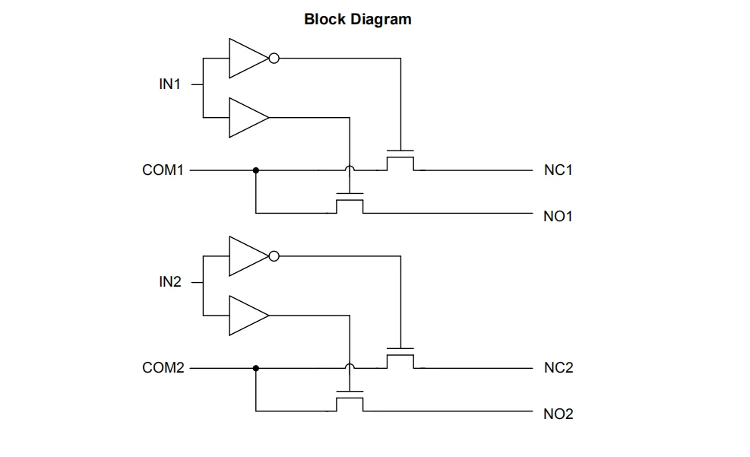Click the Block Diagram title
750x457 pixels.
pos(358,19)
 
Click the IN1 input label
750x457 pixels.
pos(169,84)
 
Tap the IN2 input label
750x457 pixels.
pos(170,282)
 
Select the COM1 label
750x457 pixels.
pos(163,170)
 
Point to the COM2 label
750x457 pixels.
pos(163,367)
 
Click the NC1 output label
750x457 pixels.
pos(559,170)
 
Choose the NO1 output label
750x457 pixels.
pos(559,216)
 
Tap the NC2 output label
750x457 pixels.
pos(559,367)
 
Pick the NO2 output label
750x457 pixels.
pos(559,414)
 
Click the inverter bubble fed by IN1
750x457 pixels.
pos(274,59)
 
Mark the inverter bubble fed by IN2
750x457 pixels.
pos(274,256)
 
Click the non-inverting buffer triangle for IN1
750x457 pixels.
pos(248,118)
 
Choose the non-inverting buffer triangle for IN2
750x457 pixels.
pos(248,316)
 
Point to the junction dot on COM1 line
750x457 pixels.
pos(256,170)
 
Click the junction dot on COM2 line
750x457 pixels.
pos(256,369)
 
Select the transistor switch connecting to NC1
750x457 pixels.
pos(400,160)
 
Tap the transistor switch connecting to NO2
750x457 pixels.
pos(350,401)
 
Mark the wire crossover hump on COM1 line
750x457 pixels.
pos(350,167)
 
